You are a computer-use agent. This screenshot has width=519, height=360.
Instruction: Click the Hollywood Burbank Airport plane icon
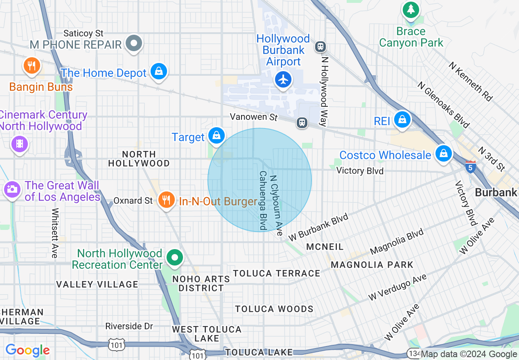coord(283,79)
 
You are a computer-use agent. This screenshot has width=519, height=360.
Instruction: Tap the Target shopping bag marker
coord(216,135)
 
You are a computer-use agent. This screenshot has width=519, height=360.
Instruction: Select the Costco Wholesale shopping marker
coord(443,153)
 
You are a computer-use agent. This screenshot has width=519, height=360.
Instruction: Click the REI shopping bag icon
coord(403,119)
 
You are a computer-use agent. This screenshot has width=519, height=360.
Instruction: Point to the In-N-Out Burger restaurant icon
coord(166,200)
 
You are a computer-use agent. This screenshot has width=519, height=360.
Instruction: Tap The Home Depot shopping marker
coord(158,71)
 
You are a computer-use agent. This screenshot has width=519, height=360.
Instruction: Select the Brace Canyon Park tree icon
coord(411,9)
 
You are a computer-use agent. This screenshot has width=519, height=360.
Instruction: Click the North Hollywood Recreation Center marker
coord(175,258)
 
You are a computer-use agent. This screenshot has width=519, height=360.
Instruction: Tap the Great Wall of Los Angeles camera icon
coord(12,189)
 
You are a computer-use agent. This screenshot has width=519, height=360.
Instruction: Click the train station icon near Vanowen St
coord(302,122)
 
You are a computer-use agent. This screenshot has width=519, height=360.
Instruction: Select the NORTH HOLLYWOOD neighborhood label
coord(139,159)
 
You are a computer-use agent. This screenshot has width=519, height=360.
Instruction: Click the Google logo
coord(27,351)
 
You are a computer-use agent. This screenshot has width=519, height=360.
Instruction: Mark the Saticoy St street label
coord(84,33)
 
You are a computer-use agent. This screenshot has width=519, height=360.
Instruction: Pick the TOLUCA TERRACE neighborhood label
coord(277,273)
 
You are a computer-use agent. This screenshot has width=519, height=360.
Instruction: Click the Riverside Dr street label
coord(129,326)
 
